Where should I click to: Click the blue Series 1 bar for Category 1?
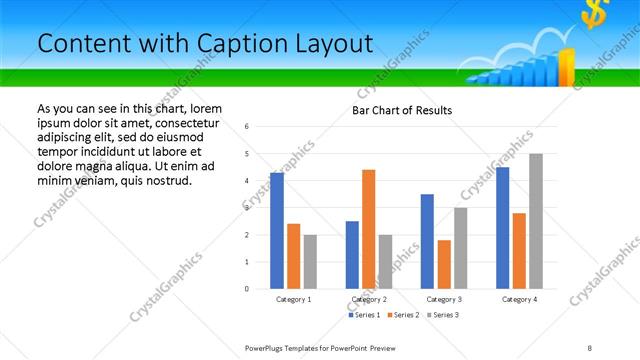pos(277,231)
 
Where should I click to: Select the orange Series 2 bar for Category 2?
pos(368,229)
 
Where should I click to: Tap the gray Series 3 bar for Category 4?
pos(536,221)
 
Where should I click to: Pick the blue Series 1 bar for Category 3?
pos(427,241)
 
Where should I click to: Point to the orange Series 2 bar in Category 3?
pos(444,264)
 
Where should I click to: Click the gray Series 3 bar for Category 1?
pos(310,261)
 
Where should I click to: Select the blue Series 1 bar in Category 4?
pos(503,228)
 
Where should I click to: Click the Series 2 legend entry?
pos(403,315)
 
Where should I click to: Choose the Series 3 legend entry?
pos(443,315)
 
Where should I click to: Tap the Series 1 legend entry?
pos(364,315)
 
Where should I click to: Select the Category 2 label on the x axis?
pos(368,299)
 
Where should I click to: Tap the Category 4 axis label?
pos(519,299)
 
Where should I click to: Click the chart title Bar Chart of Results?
pos(402,110)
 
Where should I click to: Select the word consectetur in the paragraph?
pos(187,123)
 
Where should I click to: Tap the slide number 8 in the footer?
pos(589,346)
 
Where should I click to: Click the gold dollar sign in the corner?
pos(597,15)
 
